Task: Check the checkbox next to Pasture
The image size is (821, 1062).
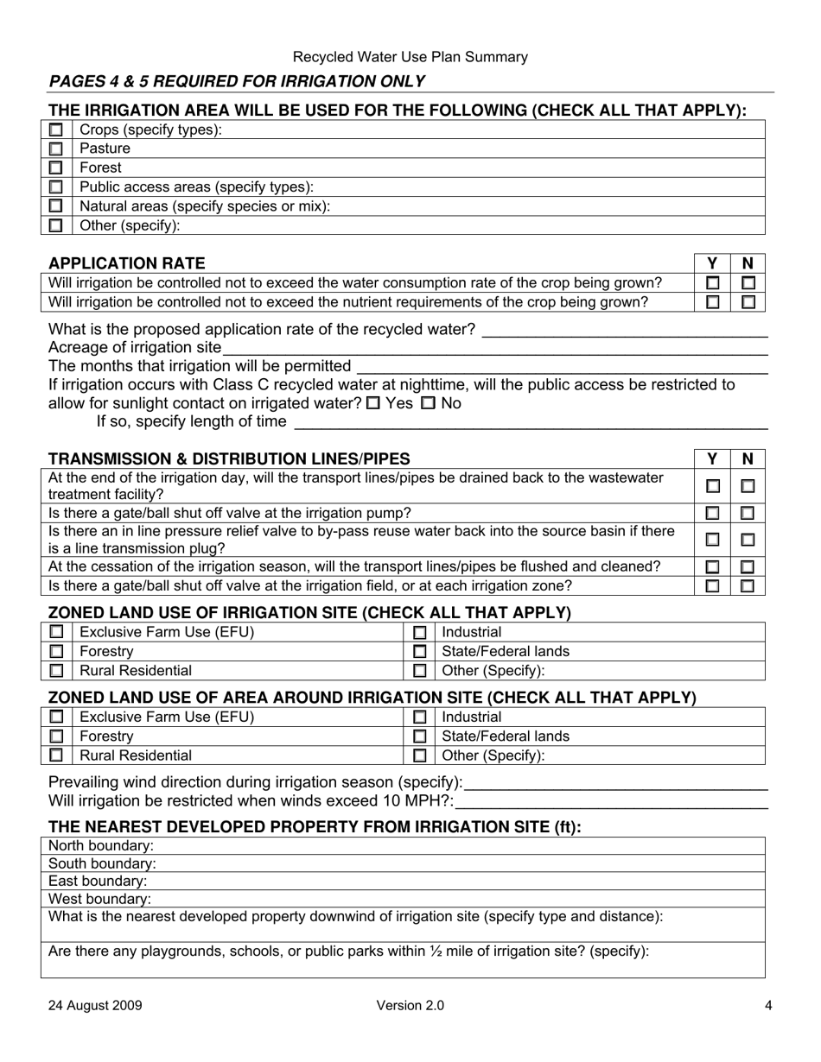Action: pos(56,149)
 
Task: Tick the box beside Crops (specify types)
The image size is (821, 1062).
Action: pos(56,130)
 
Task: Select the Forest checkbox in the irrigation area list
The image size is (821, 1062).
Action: pos(56,168)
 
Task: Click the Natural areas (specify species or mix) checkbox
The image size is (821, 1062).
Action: pos(56,206)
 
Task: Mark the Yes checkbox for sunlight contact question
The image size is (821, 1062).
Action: pos(372,403)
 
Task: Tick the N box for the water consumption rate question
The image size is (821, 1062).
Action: pos(748,282)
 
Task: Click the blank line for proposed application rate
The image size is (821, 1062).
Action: pos(624,330)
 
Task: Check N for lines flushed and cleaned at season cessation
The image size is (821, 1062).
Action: pos(748,566)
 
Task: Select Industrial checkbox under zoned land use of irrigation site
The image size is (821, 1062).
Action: pos(420,633)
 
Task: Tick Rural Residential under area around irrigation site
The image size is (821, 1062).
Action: pos(56,755)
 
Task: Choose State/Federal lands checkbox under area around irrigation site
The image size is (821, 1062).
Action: pos(420,736)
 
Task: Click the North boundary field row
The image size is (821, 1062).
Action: pos(403,845)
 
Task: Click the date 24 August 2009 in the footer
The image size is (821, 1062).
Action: pos(96,1005)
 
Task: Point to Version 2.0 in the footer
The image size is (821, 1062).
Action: pos(410,1005)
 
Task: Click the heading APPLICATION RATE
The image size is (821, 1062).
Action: pos(127,263)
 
